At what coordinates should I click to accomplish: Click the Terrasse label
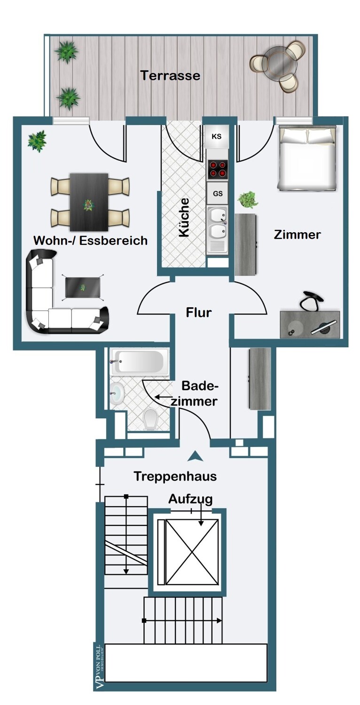[170, 75]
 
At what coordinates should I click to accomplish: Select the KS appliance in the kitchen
[217, 137]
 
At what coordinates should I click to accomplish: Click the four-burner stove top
[217, 169]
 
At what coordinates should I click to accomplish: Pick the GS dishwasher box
[218, 193]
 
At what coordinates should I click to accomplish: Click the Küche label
[184, 217]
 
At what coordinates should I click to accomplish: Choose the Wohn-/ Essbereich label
[90, 241]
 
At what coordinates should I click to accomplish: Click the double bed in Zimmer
[308, 157]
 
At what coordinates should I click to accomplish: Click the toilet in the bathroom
[150, 419]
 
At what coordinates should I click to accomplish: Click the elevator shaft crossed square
[191, 551]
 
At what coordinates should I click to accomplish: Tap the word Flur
[199, 312]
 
